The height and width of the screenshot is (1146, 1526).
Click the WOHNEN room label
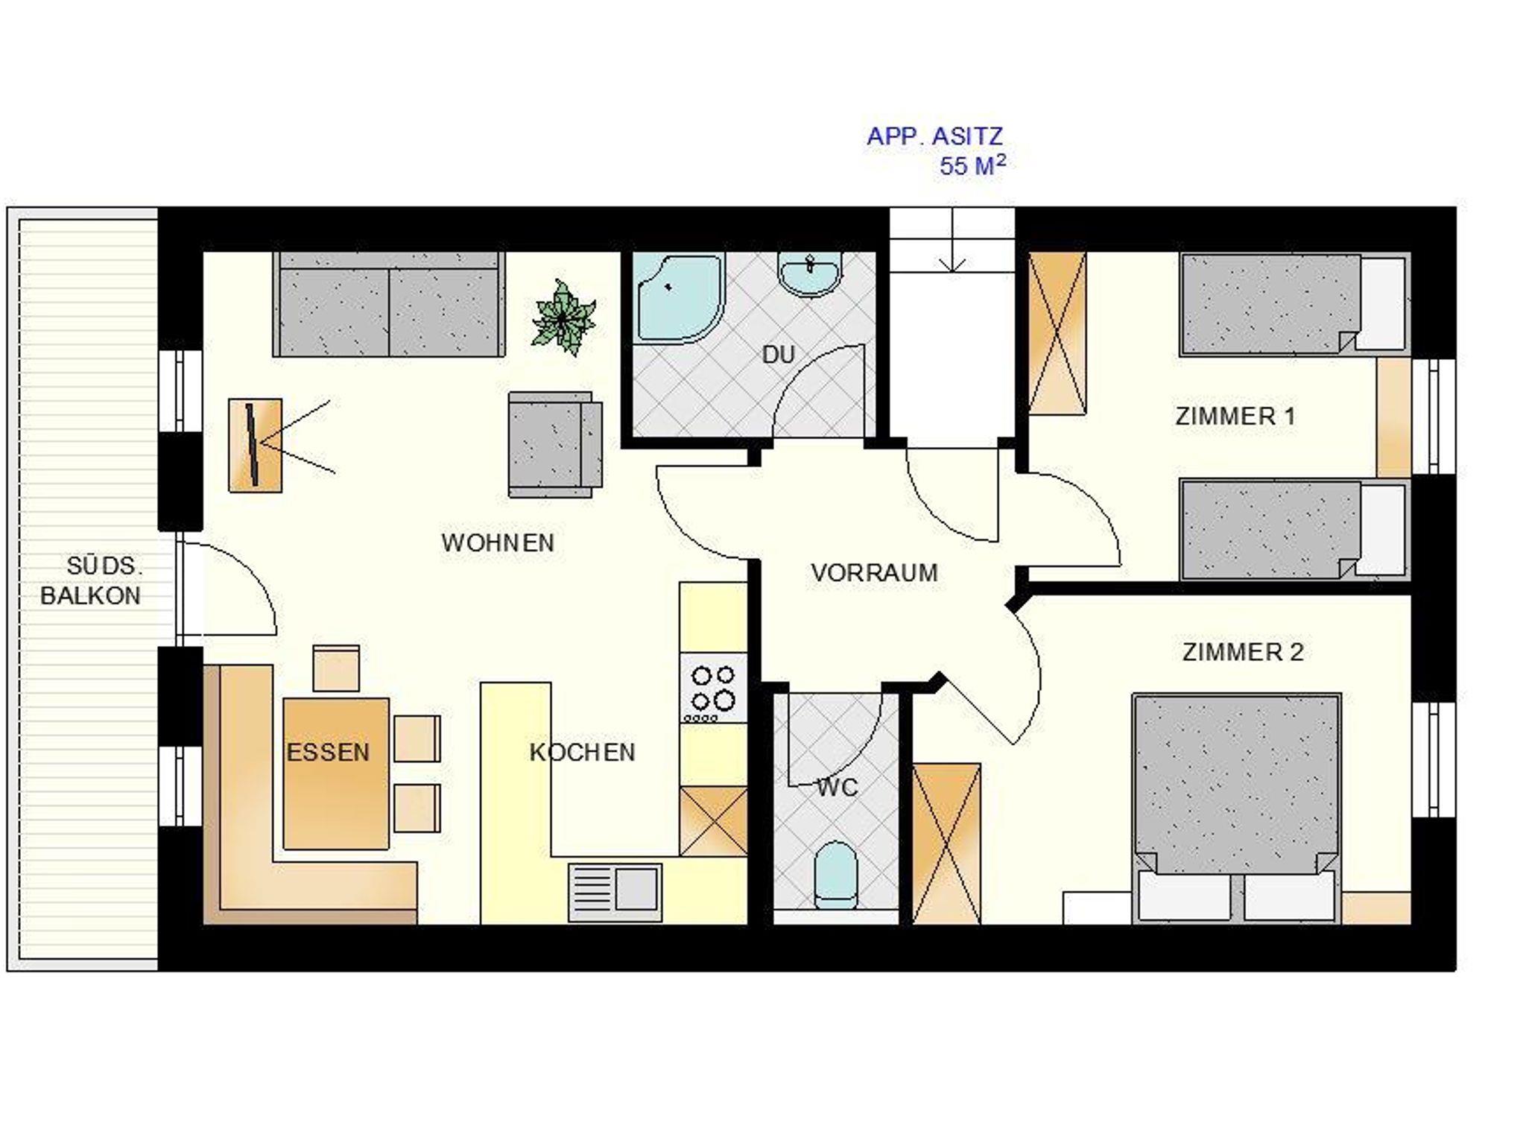click(498, 542)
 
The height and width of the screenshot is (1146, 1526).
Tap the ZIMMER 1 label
click(1235, 416)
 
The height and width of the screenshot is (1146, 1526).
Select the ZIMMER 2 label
click(1243, 652)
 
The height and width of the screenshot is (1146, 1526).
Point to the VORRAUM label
click(874, 572)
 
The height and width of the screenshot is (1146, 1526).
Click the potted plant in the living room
click(563, 317)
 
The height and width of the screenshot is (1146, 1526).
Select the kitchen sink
click(615, 891)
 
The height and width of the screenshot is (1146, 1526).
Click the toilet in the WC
click(835, 875)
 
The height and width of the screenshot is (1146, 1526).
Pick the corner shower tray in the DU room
click(678, 298)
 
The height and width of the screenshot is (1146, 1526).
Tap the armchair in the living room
click(555, 444)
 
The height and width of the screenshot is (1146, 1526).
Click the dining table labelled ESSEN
click(336, 773)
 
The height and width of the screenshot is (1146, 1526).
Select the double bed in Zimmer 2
click(1236, 809)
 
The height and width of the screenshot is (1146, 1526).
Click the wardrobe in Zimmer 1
click(1057, 332)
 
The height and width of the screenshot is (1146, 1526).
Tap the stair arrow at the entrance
click(952, 240)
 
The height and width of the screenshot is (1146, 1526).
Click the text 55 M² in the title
click(972, 165)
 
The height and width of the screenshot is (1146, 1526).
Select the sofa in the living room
click(388, 304)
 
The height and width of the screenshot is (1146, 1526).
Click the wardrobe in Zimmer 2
click(946, 843)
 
